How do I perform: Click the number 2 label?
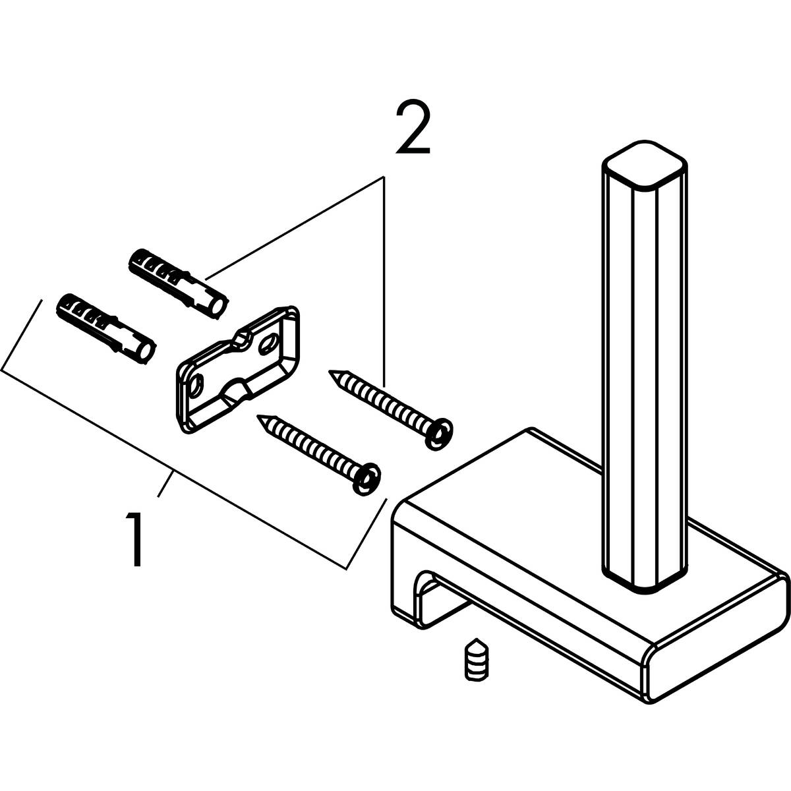(x=413, y=128)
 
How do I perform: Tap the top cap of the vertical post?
(x=645, y=163)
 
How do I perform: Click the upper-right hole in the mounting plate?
(x=270, y=343)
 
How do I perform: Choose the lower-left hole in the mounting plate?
(x=196, y=384)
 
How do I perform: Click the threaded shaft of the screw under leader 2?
(x=382, y=402)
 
